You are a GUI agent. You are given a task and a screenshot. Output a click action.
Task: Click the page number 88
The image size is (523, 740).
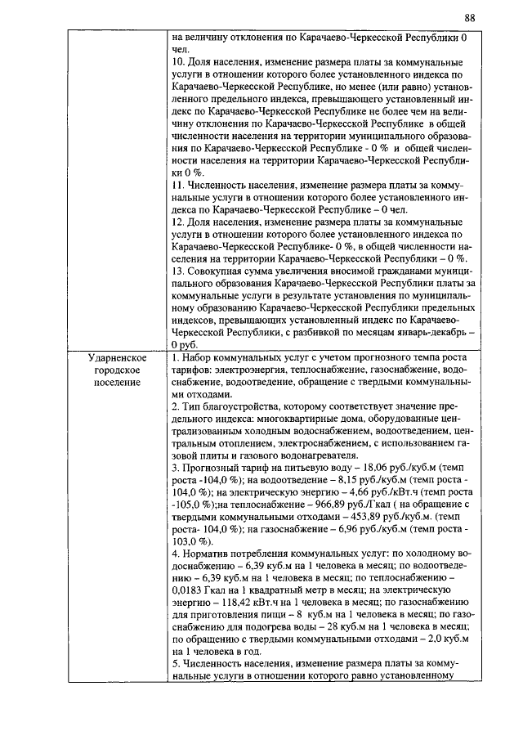pos(469,18)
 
